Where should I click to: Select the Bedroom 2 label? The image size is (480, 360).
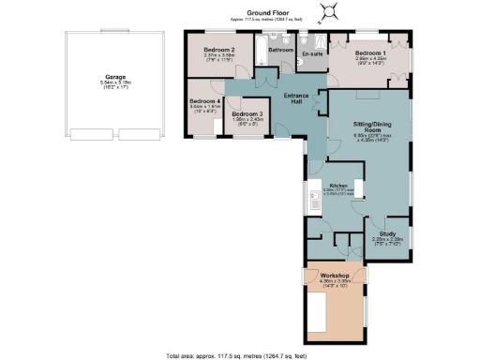click(x=219, y=49)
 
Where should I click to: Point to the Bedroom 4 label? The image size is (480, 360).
click(x=203, y=100)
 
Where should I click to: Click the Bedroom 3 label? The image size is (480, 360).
click(x=248, y=112)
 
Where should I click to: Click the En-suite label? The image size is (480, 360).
click(x=311, y=54)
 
